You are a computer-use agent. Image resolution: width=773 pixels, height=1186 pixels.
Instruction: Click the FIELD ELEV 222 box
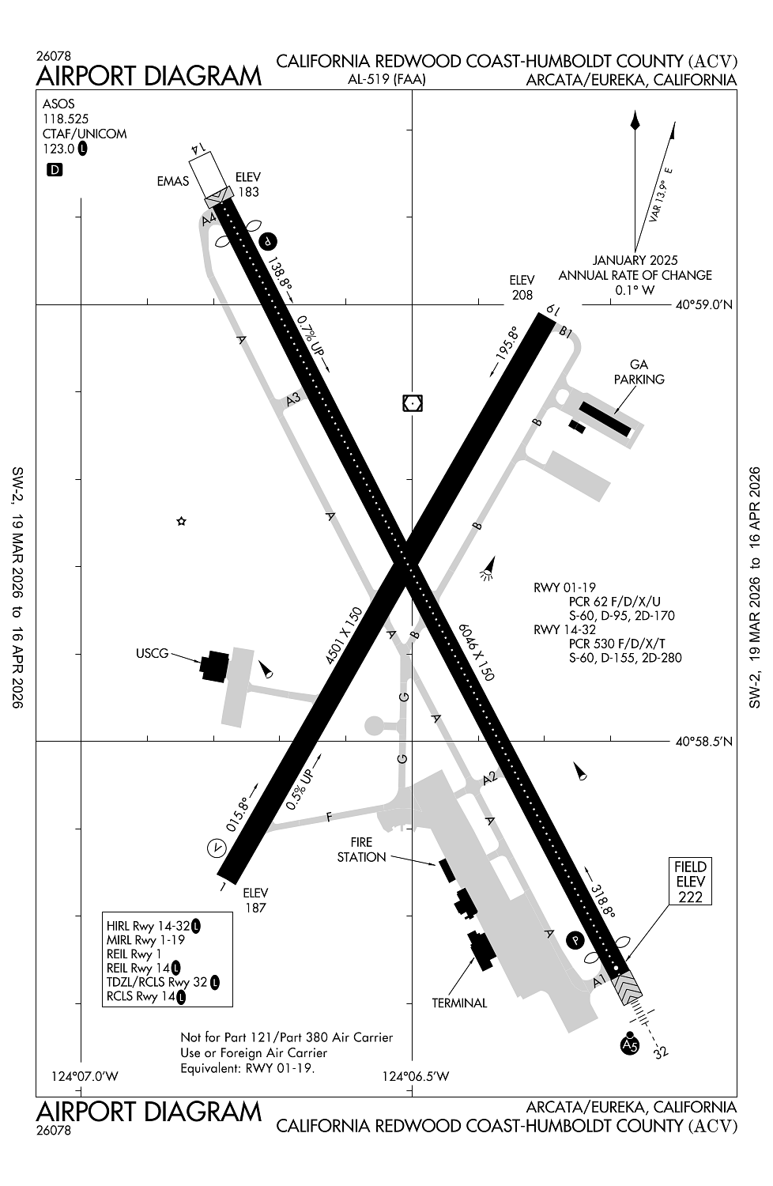(690, 882)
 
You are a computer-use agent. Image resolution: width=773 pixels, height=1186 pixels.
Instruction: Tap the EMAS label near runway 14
(172, 181)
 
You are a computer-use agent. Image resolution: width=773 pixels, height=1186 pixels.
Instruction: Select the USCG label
(153, 654)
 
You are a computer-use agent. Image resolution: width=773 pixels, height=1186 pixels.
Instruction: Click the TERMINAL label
(459, 1003)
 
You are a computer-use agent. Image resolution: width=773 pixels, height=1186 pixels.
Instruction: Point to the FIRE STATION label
(361, 850)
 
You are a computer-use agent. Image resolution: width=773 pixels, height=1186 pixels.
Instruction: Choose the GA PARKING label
(639, 372)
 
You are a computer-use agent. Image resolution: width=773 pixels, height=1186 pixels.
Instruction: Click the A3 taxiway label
(294, 401)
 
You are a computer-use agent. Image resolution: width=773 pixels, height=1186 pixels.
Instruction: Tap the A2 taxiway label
(490, 778)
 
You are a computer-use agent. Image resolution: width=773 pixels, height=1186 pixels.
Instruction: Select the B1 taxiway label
(565, 333)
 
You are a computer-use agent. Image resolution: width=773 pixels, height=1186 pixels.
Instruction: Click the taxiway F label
(330, 817)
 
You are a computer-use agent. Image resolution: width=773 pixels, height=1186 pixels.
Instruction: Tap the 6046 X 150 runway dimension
(477, 651)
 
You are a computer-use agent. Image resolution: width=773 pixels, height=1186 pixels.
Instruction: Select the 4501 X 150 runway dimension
(344, 635)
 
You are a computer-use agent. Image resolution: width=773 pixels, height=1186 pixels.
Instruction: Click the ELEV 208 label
(522, 287)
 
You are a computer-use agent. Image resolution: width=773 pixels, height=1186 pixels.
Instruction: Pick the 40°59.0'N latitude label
(703, 304)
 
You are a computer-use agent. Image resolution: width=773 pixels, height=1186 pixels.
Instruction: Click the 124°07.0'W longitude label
(85, 1076)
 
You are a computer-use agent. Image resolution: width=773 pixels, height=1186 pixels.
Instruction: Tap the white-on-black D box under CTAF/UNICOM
(55, 169)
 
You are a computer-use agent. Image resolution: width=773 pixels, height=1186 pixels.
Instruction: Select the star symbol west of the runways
(181, 521)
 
